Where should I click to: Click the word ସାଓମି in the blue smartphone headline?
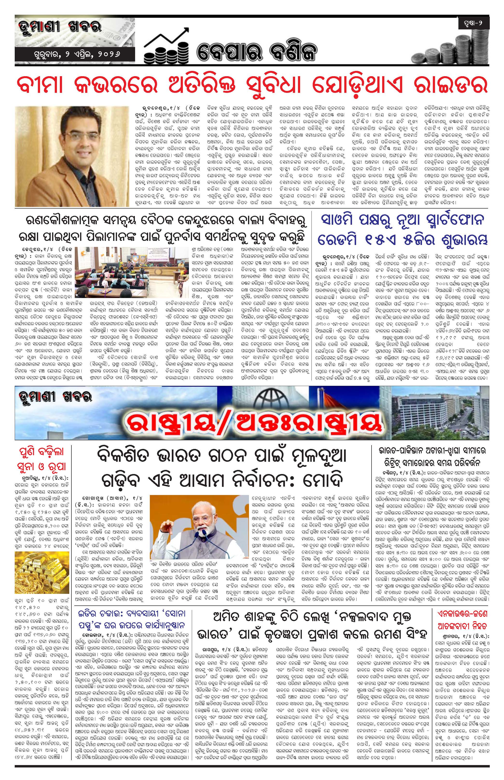coord(342,221)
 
